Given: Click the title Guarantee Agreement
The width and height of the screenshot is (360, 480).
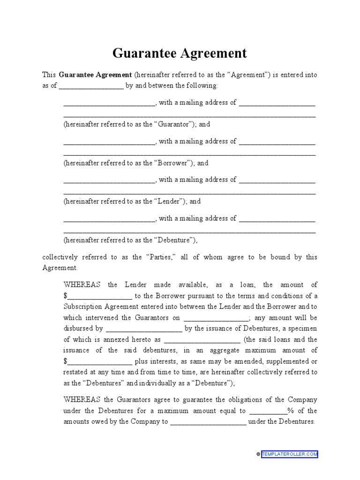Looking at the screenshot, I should pyautogui.click(x=180, y=53).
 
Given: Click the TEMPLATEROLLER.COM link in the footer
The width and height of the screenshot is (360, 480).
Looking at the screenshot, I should pyautogui.click(x=290, y=454).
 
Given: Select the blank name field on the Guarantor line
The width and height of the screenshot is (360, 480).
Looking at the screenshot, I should pyautogui.click(x=109, y=103).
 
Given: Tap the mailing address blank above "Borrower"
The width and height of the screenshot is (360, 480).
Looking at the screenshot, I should pyautogui.click(x=277, y=142).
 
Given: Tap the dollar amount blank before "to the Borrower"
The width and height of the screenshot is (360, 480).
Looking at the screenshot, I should pyautogui.click(x=100, y=296).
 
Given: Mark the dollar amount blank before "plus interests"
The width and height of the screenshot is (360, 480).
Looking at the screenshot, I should pyautogui.click(x=100, y=362).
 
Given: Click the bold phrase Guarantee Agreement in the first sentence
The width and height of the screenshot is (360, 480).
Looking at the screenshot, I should pyautogui.click(x=95, y=75).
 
